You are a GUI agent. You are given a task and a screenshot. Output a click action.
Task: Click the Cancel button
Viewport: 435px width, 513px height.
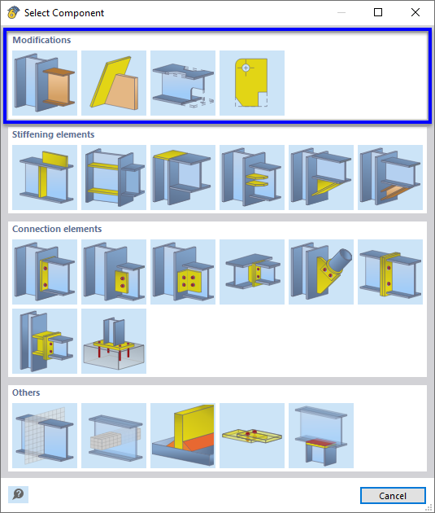393,495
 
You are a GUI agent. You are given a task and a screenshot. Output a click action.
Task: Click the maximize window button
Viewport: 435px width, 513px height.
378,13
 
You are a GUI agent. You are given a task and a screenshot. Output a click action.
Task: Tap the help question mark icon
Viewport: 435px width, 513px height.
18,494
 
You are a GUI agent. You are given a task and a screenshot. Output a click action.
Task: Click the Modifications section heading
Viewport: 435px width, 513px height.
41,40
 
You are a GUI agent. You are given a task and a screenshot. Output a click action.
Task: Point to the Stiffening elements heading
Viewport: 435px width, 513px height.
53,134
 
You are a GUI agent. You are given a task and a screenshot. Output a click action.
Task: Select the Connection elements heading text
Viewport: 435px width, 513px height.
57,229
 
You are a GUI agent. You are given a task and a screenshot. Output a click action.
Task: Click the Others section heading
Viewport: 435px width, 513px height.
26,392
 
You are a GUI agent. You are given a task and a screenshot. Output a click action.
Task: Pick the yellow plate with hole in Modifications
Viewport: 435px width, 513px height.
252,83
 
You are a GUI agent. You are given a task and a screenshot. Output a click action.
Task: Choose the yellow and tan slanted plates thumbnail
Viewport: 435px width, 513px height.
114,83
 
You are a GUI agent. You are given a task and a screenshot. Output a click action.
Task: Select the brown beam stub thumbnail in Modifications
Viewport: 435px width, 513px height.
45,83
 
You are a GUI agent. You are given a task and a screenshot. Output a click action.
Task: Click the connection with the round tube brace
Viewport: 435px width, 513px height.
321,272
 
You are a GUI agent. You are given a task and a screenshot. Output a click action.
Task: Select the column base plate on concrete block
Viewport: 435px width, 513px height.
114,341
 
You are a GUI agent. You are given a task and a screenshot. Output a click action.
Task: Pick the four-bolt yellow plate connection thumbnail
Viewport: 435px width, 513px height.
183,272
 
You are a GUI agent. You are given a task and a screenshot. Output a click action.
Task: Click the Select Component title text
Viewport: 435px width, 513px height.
64,13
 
